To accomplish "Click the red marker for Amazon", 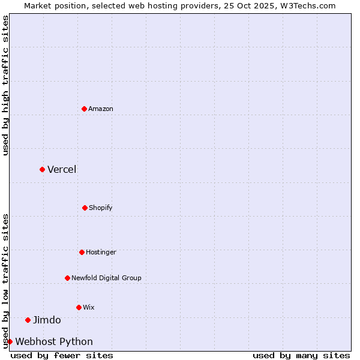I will click(x=84, y=109).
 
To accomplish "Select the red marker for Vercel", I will click(x=42, y=169).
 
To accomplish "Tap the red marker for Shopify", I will click(x=85, y=208).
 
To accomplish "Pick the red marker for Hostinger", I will click(x=82, y=252).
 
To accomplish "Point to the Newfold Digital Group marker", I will click(x=67, y=278).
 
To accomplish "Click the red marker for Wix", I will click(x=79, y=307).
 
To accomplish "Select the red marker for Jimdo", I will click(x=28, y=320).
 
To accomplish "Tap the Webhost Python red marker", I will click(x=10, y=341).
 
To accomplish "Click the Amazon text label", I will click(x=101, y=109).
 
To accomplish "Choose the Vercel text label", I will click(x=62, y=169).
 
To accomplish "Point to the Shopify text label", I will click(x=101, y=208).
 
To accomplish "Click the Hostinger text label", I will click(x=101, y=252).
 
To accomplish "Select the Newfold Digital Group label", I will click(x=106, y=278).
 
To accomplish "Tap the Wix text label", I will click(x=89, y=307).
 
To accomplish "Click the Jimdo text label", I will click(x=47, y=320).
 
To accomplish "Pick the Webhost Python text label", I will click(x=54, y=341).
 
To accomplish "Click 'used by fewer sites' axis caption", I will click(x=62, y=355).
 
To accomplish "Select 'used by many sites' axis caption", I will click(x=301, y=355).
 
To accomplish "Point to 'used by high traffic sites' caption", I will click(x=5, y=85).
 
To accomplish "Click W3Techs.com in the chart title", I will click(x=307, y=5).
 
